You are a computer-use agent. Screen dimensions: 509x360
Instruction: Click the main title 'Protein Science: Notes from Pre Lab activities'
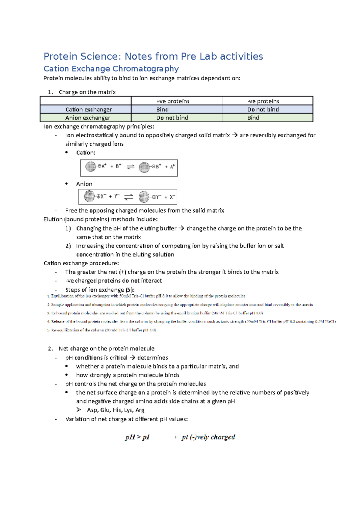153,56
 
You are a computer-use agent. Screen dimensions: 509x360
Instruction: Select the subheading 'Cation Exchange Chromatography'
111,69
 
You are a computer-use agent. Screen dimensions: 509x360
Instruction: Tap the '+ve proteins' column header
173,101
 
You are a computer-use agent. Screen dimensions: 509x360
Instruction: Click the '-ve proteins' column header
263,101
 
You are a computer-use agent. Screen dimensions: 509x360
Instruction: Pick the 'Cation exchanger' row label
88,109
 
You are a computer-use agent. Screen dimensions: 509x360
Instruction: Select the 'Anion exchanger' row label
88,118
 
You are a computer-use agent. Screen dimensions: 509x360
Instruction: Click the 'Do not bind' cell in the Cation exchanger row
263,109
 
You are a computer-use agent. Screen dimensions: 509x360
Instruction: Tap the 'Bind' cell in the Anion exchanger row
253,118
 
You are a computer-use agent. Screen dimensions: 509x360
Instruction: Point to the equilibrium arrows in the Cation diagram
130,167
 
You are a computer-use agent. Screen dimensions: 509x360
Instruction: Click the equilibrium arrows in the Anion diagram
129,197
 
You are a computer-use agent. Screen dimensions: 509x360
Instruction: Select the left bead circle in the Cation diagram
91,166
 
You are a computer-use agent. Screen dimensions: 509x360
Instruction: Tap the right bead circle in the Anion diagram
144,197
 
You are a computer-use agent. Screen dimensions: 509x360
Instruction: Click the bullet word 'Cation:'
86,153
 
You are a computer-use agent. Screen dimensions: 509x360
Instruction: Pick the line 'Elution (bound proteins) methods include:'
100,219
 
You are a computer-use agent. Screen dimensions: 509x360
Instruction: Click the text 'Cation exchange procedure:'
81,263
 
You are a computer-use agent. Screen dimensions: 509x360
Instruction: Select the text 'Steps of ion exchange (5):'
100,290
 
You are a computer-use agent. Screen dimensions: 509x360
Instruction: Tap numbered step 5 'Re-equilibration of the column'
102,330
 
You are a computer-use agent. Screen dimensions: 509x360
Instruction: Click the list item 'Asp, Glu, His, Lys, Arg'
115,410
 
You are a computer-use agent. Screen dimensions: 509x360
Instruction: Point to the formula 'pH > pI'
137,437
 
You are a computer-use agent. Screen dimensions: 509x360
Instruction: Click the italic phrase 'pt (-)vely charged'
208,437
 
